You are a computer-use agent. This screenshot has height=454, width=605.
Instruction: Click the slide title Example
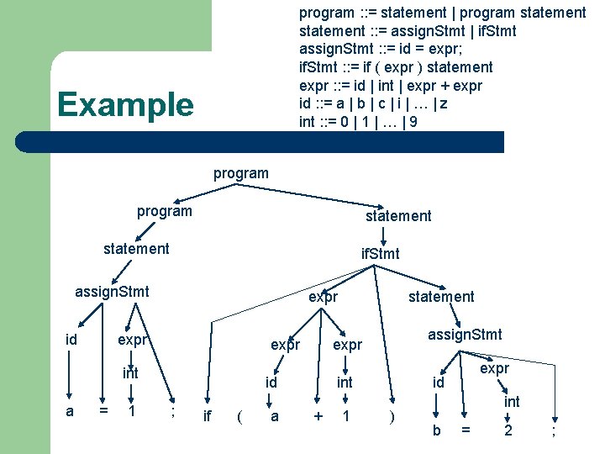tap(124, 105)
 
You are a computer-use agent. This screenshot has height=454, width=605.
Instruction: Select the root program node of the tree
tap(241, 174)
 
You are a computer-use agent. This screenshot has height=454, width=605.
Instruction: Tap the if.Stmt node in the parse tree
tap(380, 253)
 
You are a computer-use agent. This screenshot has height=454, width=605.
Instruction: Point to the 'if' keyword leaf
tap(208, 416)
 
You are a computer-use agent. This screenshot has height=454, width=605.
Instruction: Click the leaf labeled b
tap(436, 430)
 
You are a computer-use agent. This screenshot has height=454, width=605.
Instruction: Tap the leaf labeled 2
tap(508, 430)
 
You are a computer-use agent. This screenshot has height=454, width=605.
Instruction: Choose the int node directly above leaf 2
tap(512, 403)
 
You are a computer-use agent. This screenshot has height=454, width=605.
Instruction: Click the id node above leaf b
tap(437, 383)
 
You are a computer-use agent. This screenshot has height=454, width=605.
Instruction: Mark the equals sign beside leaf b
tap(466, 430)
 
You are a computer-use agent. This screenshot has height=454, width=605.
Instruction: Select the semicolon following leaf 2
tap(553, 431)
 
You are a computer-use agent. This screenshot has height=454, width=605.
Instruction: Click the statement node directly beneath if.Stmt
tap(440, 297)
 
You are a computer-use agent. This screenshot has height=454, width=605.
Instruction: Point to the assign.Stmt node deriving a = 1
tap(112, 292)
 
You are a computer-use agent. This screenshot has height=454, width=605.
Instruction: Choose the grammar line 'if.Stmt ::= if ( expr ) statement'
tap(396, 67)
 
